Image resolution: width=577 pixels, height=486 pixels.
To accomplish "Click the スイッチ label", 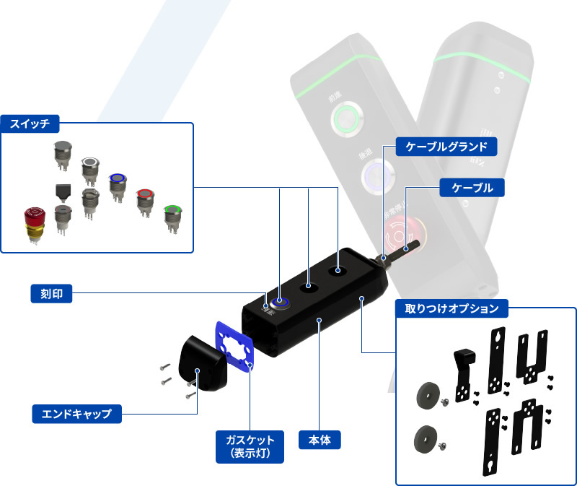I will coord(30,123).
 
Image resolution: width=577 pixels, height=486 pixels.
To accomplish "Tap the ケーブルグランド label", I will coord(447,147).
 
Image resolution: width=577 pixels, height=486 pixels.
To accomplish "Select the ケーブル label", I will coord(472,188).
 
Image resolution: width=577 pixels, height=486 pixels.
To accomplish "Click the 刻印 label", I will coord(51,293).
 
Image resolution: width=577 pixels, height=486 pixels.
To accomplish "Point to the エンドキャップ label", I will coord(76,414).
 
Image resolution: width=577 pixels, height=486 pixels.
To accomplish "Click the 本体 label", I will coord(319,439).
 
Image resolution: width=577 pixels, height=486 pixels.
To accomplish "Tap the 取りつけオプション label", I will coord(453,308).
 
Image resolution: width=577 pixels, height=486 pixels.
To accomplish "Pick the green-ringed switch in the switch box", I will coord(172,214).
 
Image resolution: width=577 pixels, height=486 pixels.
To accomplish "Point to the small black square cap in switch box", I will coord(63,191).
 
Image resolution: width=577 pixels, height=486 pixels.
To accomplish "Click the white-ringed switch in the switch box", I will coord(90,167).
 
